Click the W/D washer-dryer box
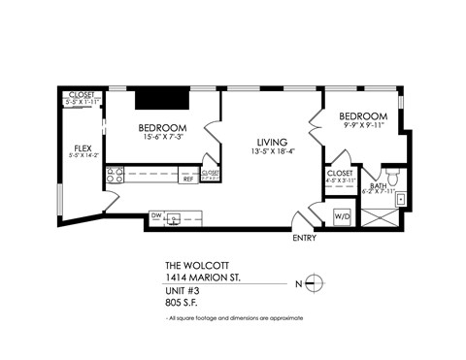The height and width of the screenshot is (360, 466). point(343,215)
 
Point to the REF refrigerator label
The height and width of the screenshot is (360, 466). point(187,179)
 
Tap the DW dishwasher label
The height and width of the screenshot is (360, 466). point(155,215)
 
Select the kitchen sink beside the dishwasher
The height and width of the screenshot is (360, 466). point(176,217)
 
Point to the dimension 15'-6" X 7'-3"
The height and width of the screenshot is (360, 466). point(162,139)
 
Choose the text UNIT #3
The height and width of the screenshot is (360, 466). point(184,288)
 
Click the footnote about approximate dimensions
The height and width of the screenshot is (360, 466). point(234,318)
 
